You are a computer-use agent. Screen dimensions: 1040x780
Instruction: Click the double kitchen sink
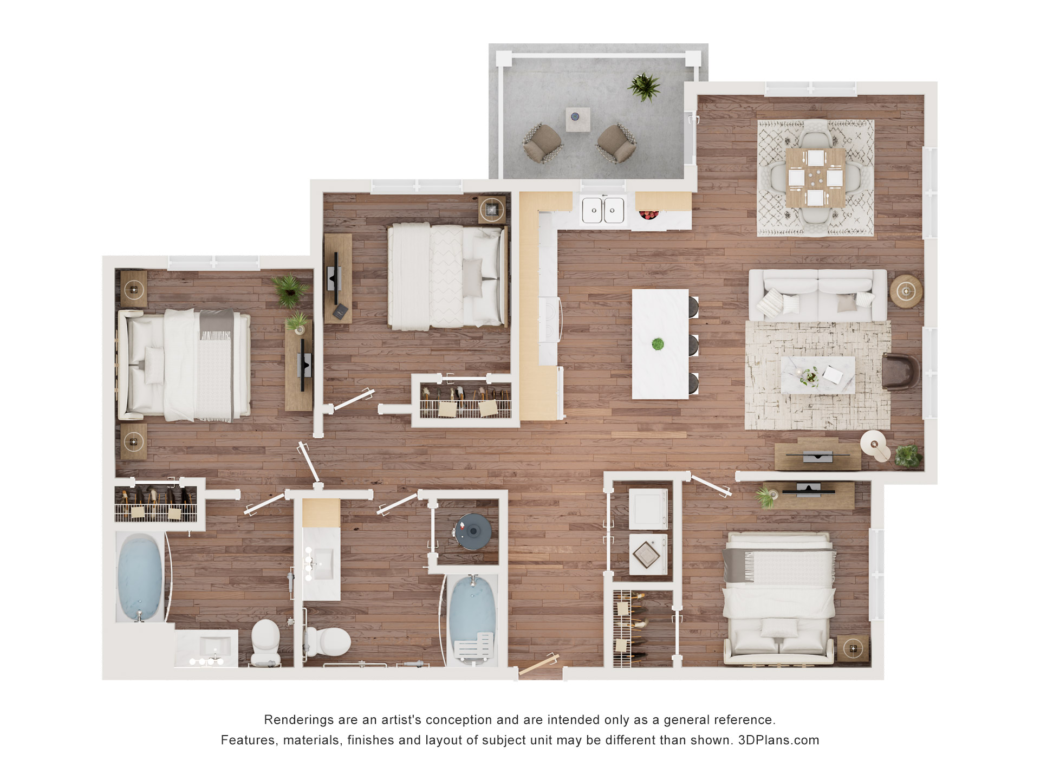pyautogui.click(x=603, y=210)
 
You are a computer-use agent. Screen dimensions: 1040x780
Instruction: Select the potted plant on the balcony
pyautogui.click(x=644, y=87)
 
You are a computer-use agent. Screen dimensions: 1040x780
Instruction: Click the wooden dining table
pyautogui.click(x=815, y=178)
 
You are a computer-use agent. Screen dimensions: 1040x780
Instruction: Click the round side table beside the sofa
pyautogui.click(x=906, y=291)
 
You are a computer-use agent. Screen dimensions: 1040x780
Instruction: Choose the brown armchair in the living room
pyautogui.click(x=900, y=372)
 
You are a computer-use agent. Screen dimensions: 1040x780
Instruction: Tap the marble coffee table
pyautogui.click(x=818, y=375)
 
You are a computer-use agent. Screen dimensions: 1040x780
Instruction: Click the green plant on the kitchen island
pyautogui.click(x=658, y=344)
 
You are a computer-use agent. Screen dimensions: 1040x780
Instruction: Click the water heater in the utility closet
pyautogui.click(x=473, y=531)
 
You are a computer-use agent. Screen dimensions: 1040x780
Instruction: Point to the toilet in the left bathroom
pyautogui.click(x=265, y=642)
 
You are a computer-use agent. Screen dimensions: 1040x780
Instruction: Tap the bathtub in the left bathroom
pyautogui.click(x=140, y=577)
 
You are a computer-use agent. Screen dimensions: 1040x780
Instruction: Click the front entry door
pyautogui.click(x=538, y=665)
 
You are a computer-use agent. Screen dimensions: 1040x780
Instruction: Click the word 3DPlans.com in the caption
pyautogui.click(x=778, y=740)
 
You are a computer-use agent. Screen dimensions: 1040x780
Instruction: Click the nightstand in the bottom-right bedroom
pyautogui.click(x=854, y=648)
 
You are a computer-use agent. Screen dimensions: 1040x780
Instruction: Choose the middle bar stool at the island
pyautogui.click(x=693, y=345)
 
